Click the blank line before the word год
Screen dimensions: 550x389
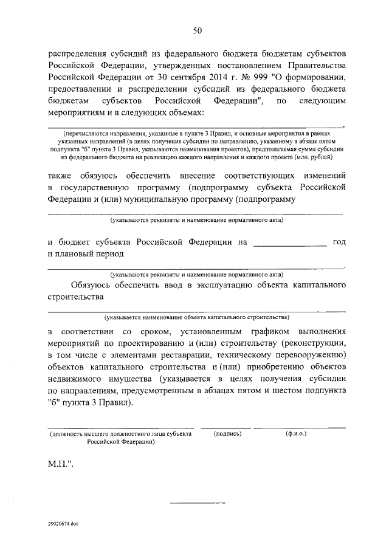pyautogui.click(x=289, y=246)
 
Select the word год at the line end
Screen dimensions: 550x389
pyautogui.click(x=340, y=242)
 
